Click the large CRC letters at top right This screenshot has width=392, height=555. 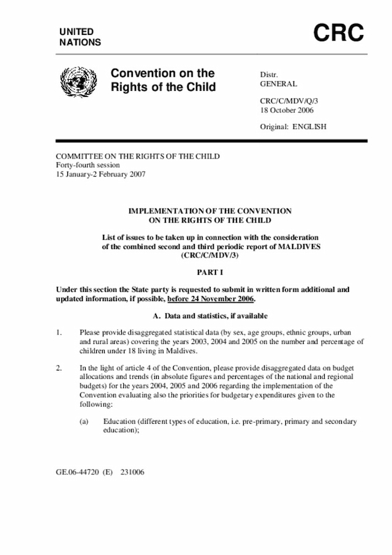tap(339, 34)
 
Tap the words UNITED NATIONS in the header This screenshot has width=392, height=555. tap(80, 37)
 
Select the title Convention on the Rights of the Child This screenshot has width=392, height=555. tap(163, 80)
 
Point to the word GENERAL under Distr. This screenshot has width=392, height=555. tap(279, 84)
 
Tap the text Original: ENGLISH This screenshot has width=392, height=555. tap(293, 127)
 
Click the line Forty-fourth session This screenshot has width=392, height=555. tap(88, 165)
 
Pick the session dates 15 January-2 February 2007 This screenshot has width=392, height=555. tap(101, 174)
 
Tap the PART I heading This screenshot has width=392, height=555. tap(209, 271)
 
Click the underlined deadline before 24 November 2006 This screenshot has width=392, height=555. tap(211, 299)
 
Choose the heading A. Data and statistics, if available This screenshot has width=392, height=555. tap(209, 316)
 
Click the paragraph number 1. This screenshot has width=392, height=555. tap(59, 332)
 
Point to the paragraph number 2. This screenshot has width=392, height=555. tap(59, 368)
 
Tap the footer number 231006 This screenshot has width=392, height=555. tap(132, 473)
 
